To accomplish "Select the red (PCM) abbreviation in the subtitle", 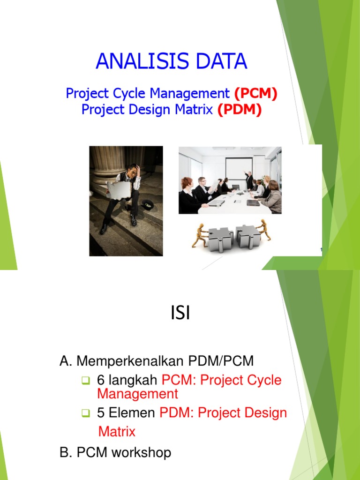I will [x=256, y=94].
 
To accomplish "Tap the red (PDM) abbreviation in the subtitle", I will [x=240, y=110].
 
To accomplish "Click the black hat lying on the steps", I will [x=148, y=205].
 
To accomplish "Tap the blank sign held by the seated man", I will [x=118, y=190].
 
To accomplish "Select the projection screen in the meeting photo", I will [x=239, y=171].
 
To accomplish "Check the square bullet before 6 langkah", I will [x=85, y=380].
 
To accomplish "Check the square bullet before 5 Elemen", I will [x=85, y=413].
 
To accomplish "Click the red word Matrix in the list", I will [x=117, y=431].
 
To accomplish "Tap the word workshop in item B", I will [x=141, y=453].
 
